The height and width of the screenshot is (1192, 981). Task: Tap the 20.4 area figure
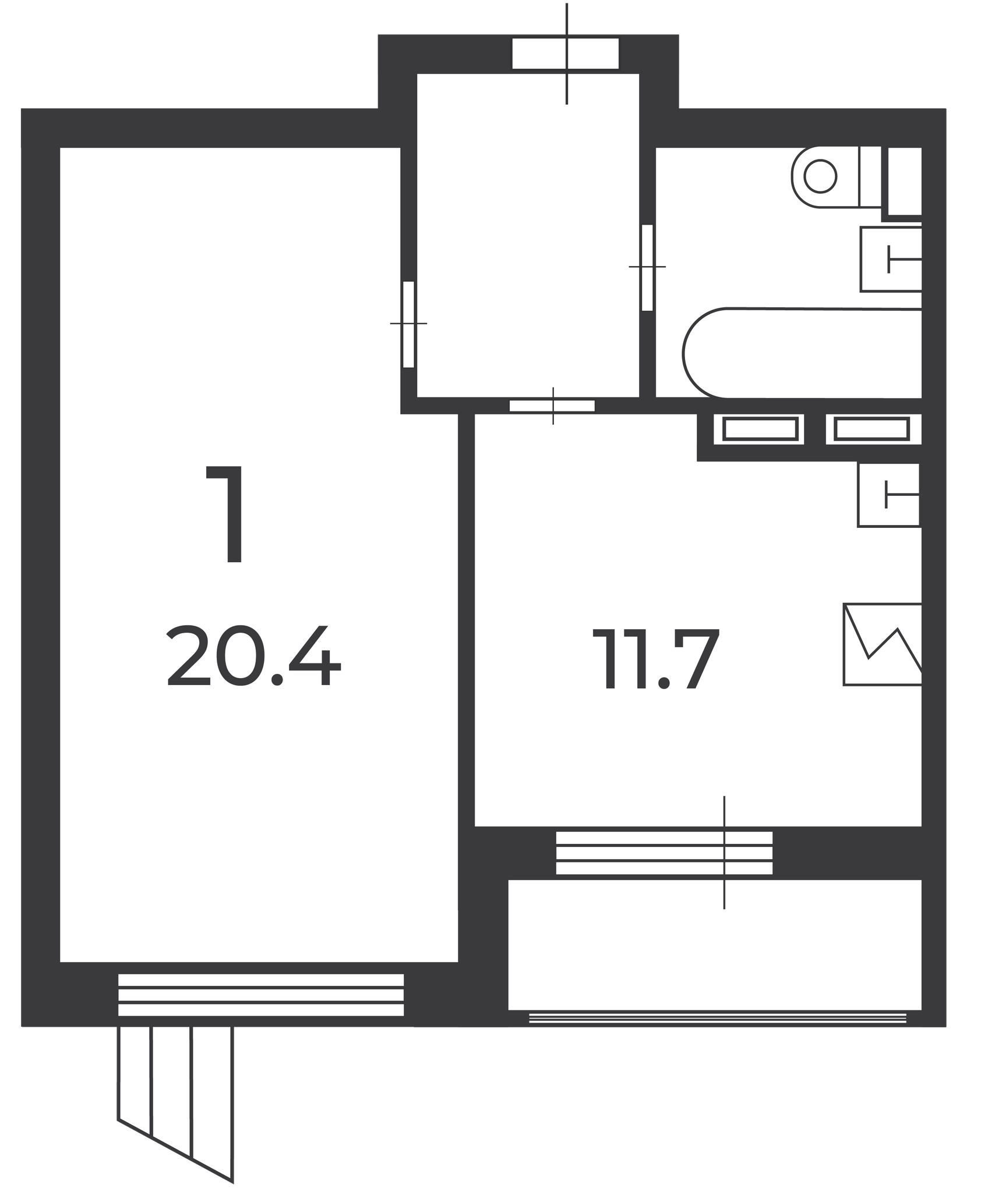click(x=254, y=657)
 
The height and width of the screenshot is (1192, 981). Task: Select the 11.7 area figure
click(x=656, y=660)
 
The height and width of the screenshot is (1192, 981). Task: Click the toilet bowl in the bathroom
click(x=825, y=176)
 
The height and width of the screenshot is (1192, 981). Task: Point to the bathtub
click(x=802, y=353)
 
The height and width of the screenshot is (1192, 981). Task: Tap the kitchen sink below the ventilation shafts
click(x=888, y=495)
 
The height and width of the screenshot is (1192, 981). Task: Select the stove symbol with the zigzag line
click(x=883, y=645)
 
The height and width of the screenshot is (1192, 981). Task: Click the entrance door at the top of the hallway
click(x=565, y=54)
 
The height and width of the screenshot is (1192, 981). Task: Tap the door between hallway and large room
click(x=408, y=324)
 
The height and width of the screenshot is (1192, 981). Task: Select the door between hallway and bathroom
click(x=647, y=268)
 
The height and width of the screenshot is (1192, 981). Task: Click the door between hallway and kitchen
click(x=552, y=406)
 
